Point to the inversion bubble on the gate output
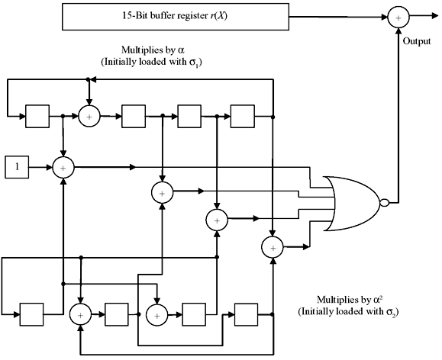pos(385,202)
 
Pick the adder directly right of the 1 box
pos(63,166)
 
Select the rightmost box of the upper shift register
pos(243,116)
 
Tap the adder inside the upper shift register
pos(90,116)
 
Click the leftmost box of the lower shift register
pos(31,313)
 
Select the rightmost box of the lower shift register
pos(247,313)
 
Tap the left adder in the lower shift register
pos(79,313)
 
